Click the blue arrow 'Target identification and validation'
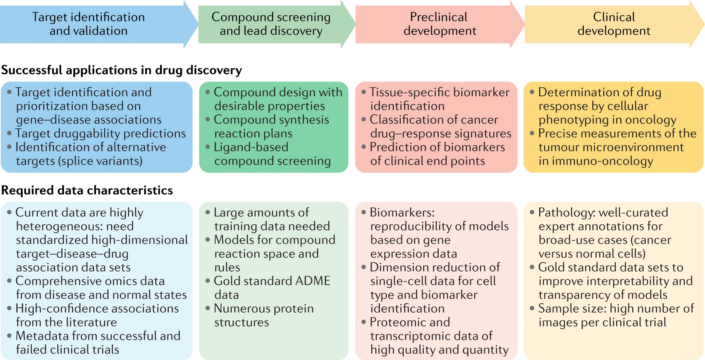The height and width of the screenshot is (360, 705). pos(88,24)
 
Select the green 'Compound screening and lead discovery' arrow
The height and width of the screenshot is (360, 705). pos(271,24)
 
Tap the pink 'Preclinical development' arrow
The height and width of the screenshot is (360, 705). pos(439,24)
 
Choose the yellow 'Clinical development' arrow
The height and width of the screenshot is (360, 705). pos(614,24)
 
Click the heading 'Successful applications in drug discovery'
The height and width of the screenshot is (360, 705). pos(121,70)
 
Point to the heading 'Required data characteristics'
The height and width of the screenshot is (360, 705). pos(87,190)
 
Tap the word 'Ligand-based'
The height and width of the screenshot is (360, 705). pos(251,147)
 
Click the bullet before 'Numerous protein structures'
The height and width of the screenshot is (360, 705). pos(208,308)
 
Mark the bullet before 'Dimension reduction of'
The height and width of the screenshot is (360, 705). pos(364,267)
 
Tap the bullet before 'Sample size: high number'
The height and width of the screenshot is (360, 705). pos(532,308)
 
